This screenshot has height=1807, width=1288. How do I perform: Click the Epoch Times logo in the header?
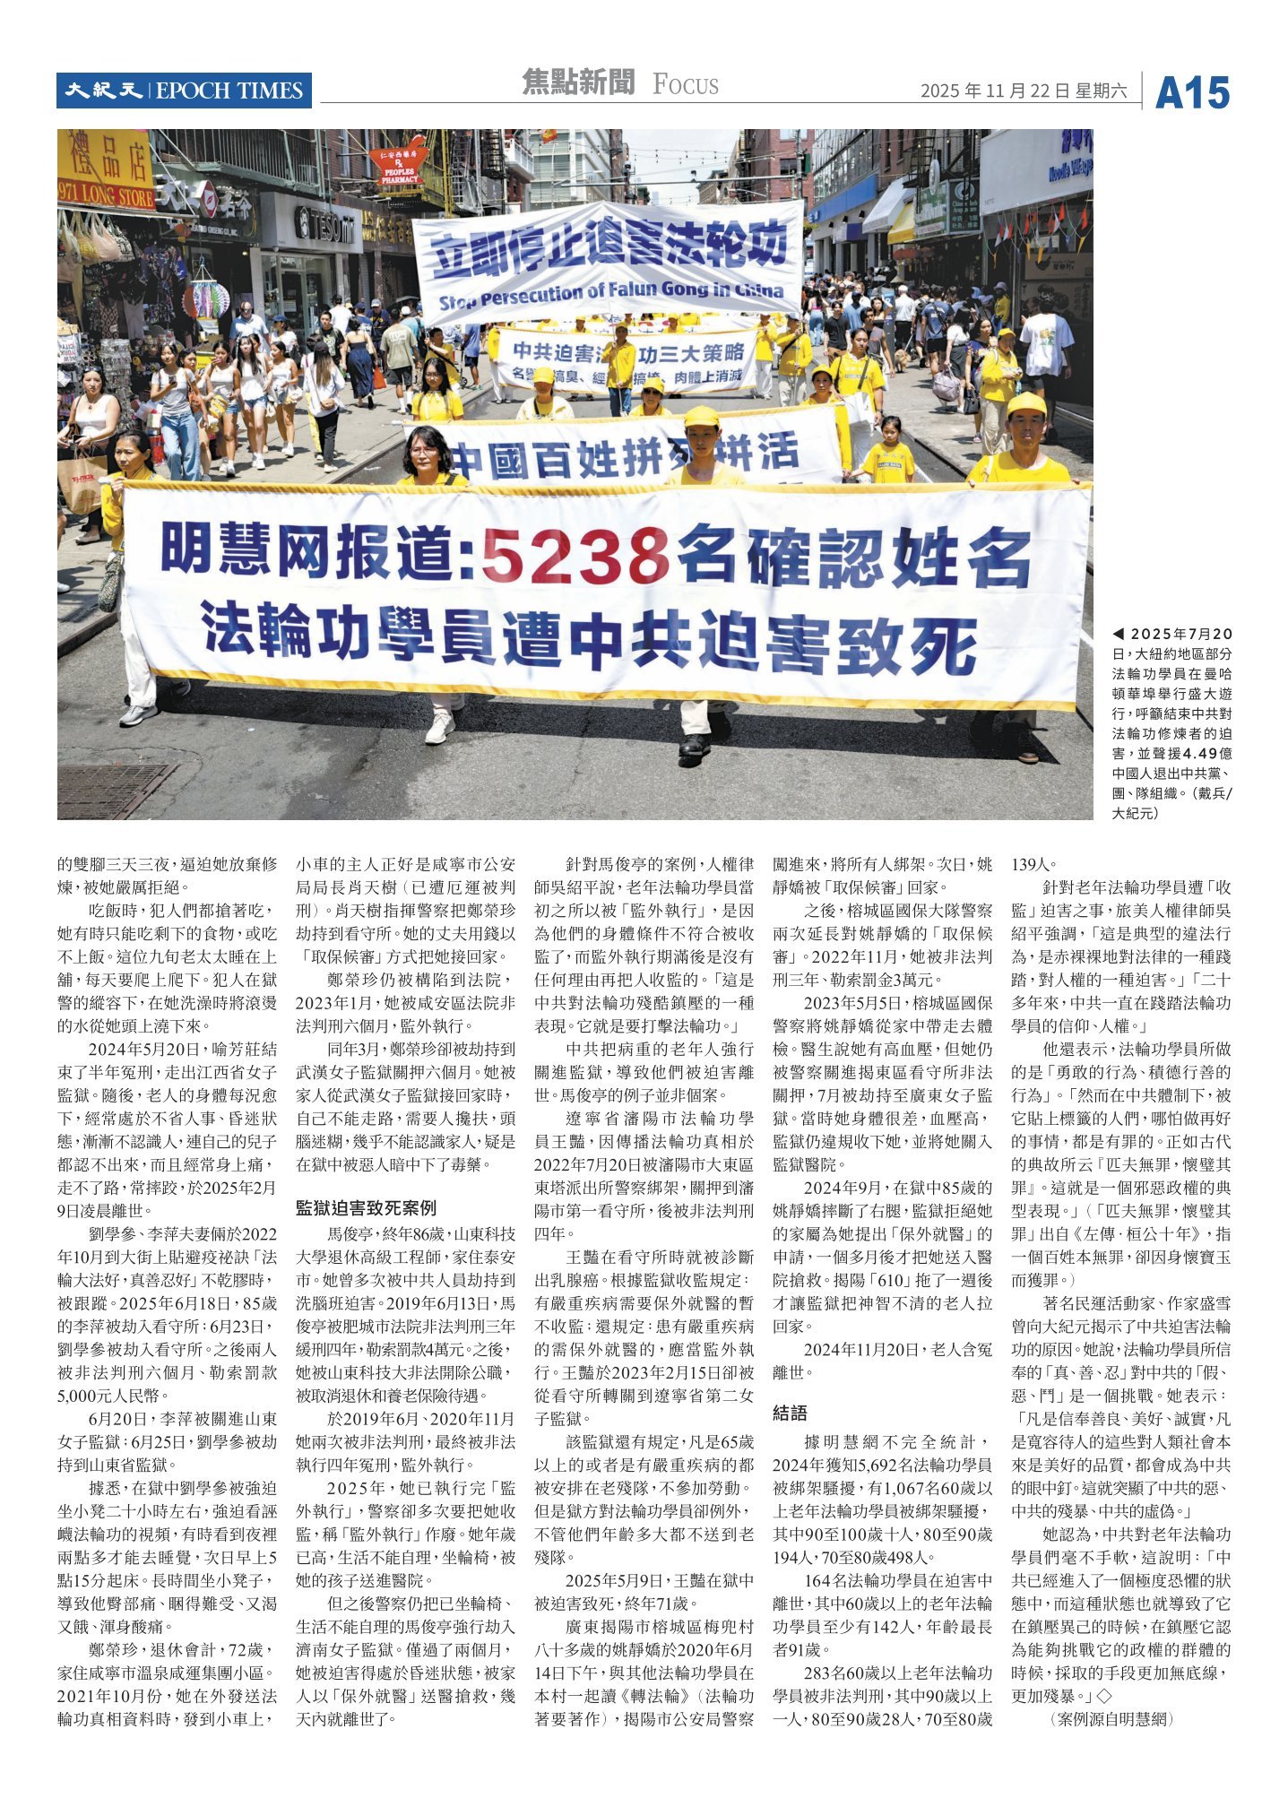point(184,91)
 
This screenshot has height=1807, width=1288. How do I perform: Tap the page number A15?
point(1192,93)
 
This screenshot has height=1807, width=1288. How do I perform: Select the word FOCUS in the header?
point(686,85)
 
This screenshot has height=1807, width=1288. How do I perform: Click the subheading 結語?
point(790,1414)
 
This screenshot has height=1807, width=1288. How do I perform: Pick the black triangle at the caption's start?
point(1118,634)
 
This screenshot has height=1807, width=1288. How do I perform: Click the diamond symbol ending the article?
point(1103,1696)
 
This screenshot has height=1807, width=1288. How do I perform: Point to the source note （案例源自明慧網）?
point(1111,1719)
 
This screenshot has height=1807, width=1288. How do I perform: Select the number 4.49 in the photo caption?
point(1198,754)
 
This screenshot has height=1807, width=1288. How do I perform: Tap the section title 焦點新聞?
point(578,83)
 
